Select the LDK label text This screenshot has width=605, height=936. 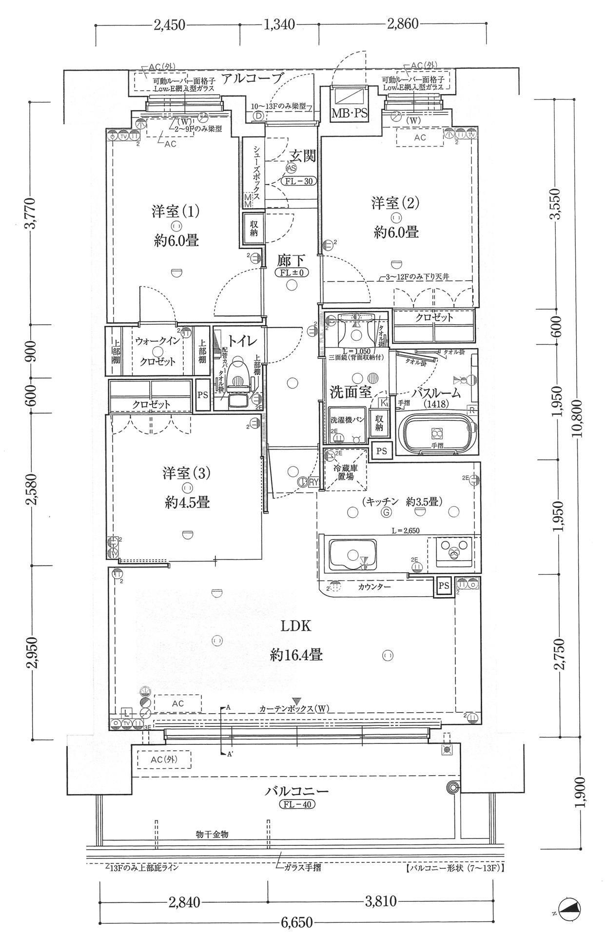[295, 626]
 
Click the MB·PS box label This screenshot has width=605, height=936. [350, 114]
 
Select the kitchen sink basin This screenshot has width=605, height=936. [353, 554]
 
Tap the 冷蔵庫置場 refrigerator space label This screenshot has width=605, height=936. [346, 472]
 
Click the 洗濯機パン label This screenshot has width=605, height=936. [347, 420]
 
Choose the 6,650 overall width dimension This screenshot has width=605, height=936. [296, 923]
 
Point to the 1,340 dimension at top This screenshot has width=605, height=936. [279, 24]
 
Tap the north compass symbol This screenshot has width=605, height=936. [569, 907]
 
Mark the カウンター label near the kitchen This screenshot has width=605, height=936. [374, 587]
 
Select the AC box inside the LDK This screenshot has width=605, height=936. [177, 703]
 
